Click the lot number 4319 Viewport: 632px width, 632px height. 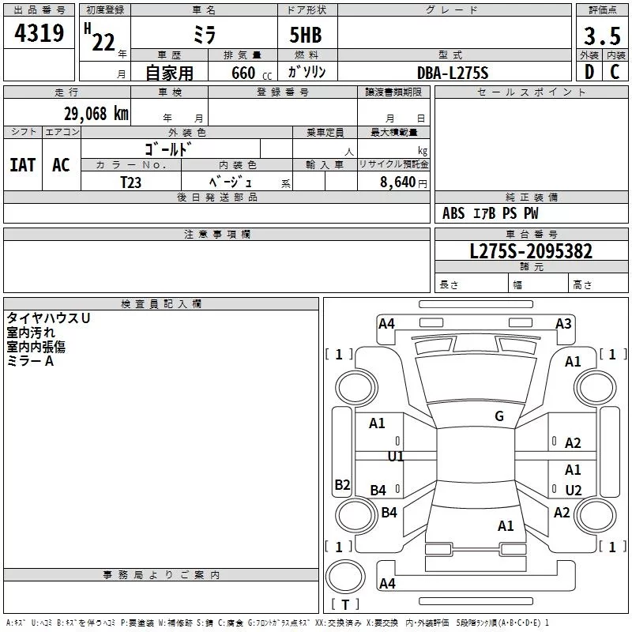point(39,32)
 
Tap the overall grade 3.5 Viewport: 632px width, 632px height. point(602,36)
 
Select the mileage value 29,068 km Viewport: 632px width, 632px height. point(96,114)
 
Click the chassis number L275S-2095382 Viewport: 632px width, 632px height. point(531,251)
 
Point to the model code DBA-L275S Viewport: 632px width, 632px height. point(453,73)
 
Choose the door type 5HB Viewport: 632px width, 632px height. point(306,35)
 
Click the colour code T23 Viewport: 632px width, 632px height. point(130,182)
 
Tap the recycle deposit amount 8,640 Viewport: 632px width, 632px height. point(397,182)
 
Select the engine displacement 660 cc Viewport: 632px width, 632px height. point(251,73)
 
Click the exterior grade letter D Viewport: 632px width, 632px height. point(589,72)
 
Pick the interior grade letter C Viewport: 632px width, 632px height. point(615,72)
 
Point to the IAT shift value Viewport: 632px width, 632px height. point(23,165)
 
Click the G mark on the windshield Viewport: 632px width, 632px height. point(499,416)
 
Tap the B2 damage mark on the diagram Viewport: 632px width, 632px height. point(342,484)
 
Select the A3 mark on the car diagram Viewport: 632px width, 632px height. point(563,324)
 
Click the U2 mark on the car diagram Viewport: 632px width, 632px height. point(574,490)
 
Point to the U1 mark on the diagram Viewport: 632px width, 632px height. point(396,457)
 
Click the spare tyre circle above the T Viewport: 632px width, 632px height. point(345,577)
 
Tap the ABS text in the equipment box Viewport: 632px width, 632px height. point(453,213)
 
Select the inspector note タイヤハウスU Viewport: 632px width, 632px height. point(48,318)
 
